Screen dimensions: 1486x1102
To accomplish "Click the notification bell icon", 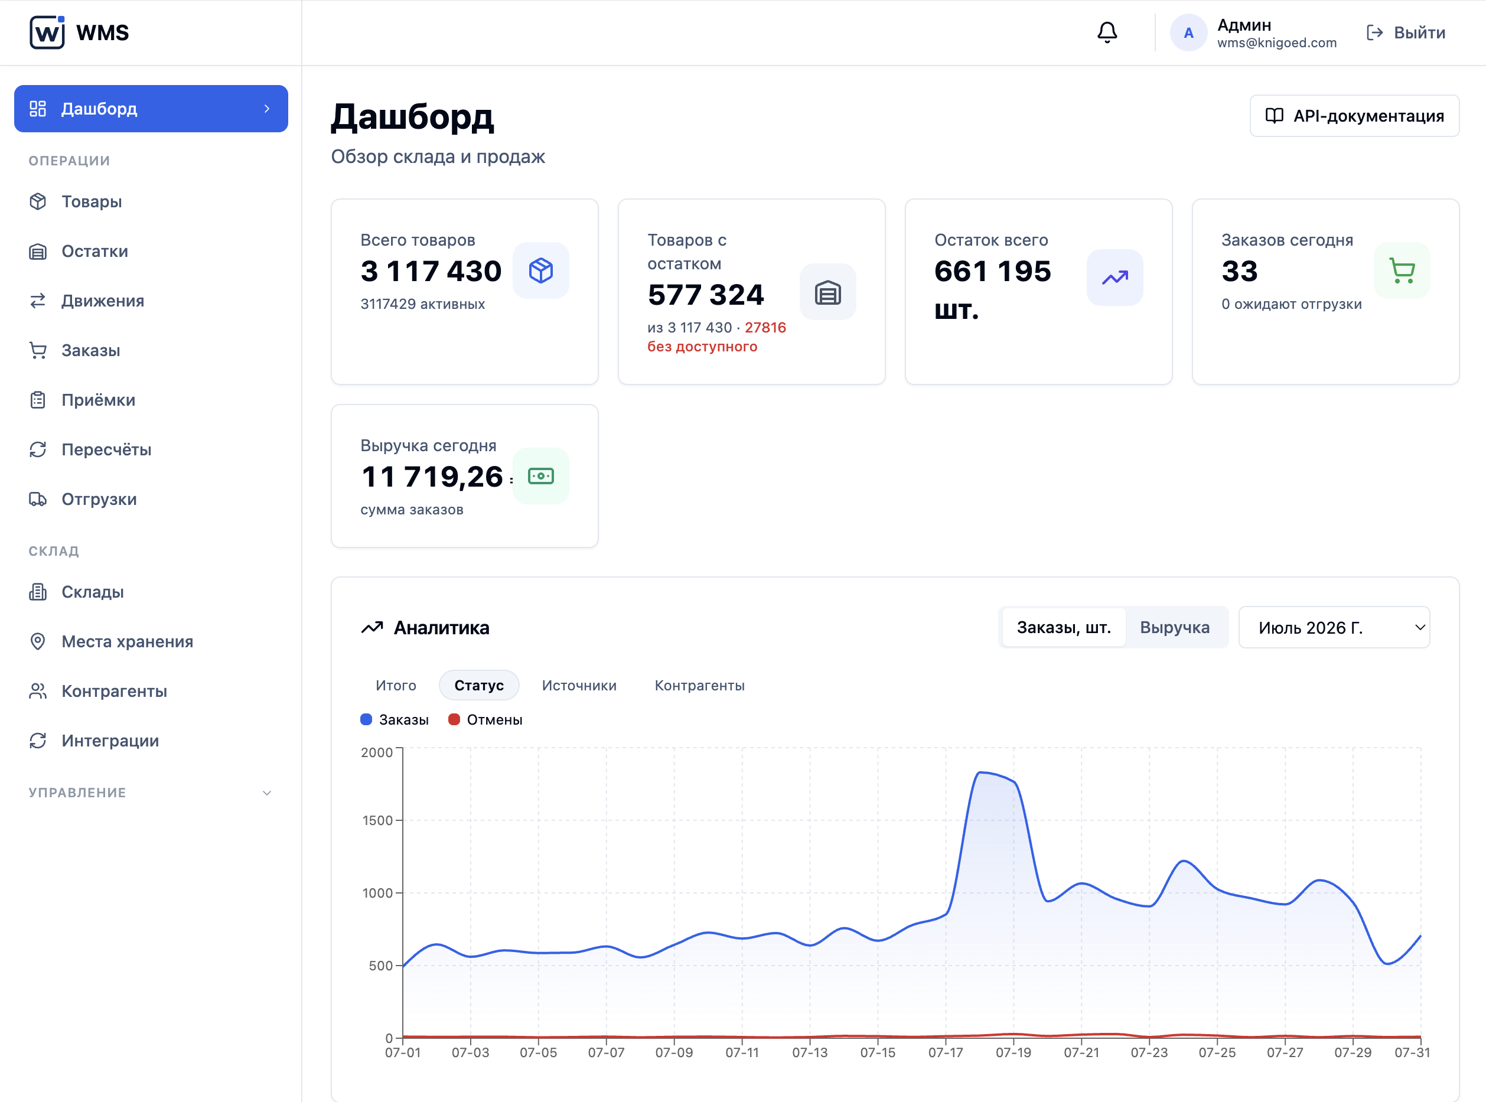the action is coord(1107,32).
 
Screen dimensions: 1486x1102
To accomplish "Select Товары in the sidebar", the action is coord(92,201).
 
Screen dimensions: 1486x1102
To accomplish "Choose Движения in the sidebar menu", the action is coord(103,301).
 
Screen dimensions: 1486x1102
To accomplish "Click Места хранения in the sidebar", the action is coord(127,642).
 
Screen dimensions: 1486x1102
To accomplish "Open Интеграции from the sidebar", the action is coord(110,741).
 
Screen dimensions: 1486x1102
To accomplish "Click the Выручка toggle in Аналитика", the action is coord(1175,628).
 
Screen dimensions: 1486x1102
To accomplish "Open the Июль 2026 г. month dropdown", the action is coord(1334,628).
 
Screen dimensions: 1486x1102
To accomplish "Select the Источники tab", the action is coord(579,686).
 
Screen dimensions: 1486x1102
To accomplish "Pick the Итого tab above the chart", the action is coord(396,686).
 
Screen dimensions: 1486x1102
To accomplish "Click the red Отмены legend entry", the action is coord(485,720).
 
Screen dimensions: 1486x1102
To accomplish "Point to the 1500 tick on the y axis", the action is coord(377,820).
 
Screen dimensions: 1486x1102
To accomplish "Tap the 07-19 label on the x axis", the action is coord(1013,1052).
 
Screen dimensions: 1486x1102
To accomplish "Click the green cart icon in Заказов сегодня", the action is coord(1402,270).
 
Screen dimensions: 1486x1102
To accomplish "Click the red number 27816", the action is coord(765,328).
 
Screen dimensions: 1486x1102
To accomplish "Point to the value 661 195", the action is coord(992,272).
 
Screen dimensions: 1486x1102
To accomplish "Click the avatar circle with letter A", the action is coord(1188,32).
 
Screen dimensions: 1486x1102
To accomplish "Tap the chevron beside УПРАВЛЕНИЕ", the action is coord(267,793).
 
